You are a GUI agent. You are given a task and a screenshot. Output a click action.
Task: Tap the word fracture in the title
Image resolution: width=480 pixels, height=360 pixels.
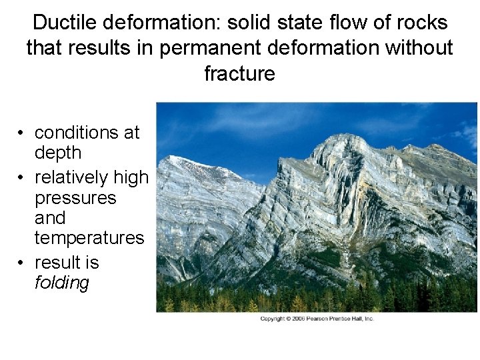click(239, 73)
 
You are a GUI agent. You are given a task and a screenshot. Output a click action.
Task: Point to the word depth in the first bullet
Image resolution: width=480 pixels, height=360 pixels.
click(58, 153)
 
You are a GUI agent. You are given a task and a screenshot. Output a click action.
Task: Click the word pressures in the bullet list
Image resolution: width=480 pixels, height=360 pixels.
click(75, 198)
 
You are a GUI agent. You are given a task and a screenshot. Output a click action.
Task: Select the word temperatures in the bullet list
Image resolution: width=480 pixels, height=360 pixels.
click(89, 237)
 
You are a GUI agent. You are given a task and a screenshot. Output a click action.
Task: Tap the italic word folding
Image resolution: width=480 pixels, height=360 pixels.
click(61, 283)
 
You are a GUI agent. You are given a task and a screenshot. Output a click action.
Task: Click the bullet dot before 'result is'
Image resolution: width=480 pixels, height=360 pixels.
click(22, 263)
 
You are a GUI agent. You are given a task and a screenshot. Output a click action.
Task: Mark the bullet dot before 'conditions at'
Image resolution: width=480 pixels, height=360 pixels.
click(22, 133)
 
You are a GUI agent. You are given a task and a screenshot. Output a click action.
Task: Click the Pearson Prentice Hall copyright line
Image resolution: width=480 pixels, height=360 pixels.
click(317, 319)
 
